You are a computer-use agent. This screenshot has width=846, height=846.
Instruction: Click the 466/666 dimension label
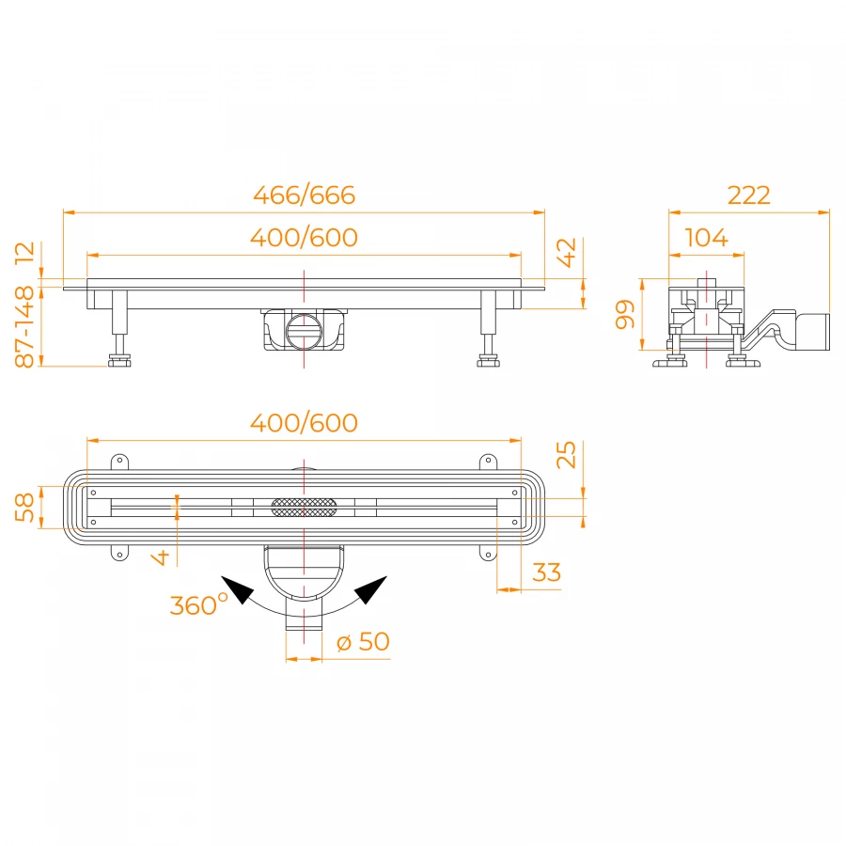[x=305, y=195]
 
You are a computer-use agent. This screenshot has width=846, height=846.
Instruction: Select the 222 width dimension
[x=748, y=195]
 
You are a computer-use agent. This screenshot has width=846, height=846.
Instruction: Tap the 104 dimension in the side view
[x=706, y=238]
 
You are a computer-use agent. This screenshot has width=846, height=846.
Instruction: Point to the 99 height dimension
[x=625, y=315]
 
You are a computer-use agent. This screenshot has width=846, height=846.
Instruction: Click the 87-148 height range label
[x=24, y=327]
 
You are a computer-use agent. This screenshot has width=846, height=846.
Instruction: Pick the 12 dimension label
[x=24, y=253]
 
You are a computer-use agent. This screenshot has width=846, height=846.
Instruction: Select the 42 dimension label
[x=567, y=253]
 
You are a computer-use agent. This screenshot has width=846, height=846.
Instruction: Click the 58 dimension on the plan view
[x=24, y=508]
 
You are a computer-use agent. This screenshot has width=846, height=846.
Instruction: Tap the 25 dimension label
[x=567, y=455]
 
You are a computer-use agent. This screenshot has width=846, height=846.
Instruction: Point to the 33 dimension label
[x=546, y=572]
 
